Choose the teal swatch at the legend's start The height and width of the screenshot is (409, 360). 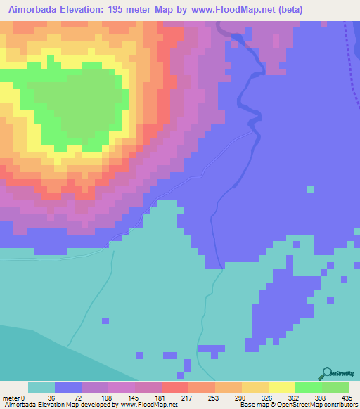coord(41,387)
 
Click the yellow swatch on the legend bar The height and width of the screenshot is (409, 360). coord(281,387)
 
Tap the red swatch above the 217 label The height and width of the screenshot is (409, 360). coord(174,387)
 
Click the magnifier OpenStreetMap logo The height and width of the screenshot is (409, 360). coord(327,373)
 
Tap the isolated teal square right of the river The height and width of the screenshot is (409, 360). coord(309,189)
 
